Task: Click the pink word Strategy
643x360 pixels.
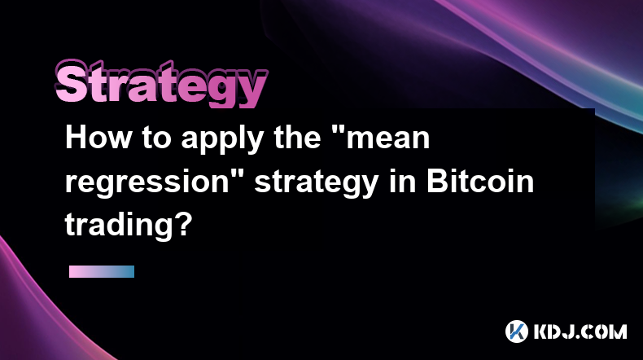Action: (161, 84)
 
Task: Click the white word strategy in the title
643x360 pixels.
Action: (317, 183)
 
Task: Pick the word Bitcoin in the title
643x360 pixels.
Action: (480, 181)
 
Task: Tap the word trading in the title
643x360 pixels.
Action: (118, 226)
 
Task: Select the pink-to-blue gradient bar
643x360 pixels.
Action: (102, 271)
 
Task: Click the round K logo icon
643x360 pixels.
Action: (517, 331)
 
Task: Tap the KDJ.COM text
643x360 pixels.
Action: (580, 331)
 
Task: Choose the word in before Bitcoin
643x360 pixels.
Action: (403, 181)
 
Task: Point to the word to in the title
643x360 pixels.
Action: (156, 138)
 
